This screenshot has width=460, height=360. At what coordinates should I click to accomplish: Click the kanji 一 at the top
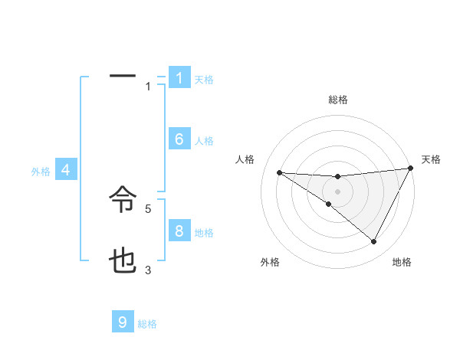(x=123, y=76)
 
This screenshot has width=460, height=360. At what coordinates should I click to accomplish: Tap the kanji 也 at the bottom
(x=123, y=262)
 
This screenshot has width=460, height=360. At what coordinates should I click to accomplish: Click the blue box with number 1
(x=179, y=78)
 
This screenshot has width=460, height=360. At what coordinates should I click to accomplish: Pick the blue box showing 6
(x=179, y=139)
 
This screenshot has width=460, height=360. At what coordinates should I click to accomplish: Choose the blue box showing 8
(x=179, y=231)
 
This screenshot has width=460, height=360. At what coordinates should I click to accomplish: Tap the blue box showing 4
(x=66, y=170)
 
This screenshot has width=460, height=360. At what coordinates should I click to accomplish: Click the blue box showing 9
(x=123, y=322)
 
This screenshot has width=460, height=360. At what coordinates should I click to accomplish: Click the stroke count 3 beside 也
(x=148, y=269)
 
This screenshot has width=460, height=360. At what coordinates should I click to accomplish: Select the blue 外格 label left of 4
(x=41, y=172)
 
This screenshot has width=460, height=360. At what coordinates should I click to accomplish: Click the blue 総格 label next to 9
(x=147, y=324)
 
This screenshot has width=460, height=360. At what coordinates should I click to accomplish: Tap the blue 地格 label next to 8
(x=204, y=232)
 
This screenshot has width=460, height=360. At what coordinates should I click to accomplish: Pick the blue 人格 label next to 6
(x=204, y=140)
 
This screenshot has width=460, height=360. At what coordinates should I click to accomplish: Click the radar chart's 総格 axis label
(x=337, y=100)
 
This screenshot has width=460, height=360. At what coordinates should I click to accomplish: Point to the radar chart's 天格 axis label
(x=431, y=159)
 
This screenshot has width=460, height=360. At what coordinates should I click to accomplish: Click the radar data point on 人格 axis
(x=279, y=172)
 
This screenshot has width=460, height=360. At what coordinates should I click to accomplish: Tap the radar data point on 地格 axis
(x=374, y=242)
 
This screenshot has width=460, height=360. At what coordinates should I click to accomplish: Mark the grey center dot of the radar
(x=337, y=191)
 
